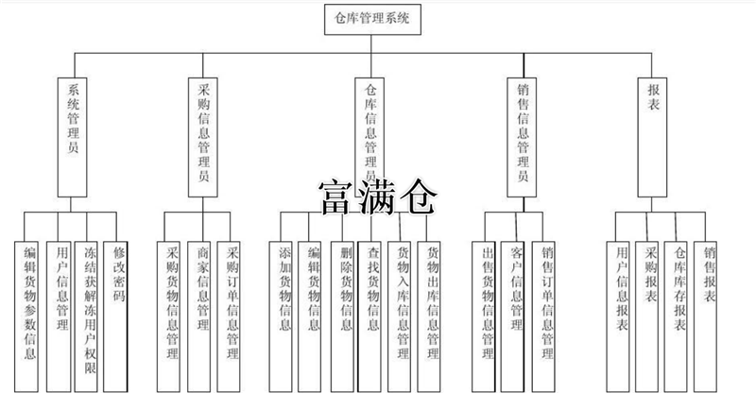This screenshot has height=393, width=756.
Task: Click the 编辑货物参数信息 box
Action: pyautogui.click(x=30, y=302)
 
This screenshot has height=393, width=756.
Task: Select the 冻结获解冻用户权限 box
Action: pyautogui.click(x=90, y=302)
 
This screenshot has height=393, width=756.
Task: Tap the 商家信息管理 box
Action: pyautogui.click(x=202, y=302)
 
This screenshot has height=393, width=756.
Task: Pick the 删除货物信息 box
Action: pyautogui.click(x=347, y=302)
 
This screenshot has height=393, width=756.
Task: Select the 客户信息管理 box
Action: pyautogui.click(x=516, y=302)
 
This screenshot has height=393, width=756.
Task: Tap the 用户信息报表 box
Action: pyautogui.click(x=621, y=302)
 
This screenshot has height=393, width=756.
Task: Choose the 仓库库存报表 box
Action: pyautogui.click(x=679, y=302)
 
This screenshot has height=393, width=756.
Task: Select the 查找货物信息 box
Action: pyautogui.click(x=375, y=302)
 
